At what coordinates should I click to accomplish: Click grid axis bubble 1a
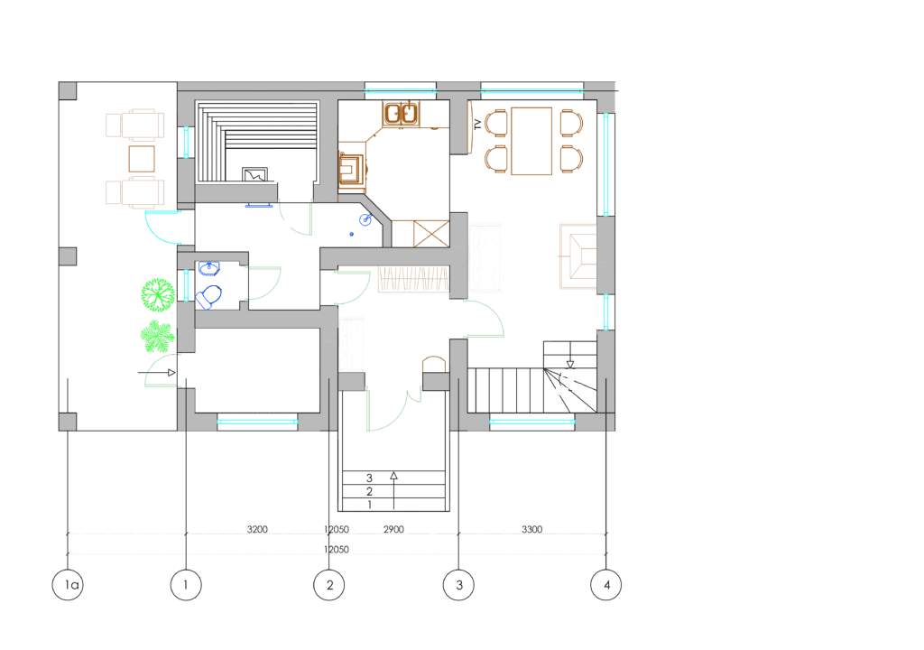[x=68, y=584]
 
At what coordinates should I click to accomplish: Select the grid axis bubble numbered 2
[x=328, y=584]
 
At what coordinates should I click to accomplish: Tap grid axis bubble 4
[x=605, y=584]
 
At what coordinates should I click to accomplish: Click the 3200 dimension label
[x=257, y=529]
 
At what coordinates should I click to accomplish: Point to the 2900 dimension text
[x=393, y=529]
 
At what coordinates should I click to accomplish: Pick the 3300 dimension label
[x=531, y=529]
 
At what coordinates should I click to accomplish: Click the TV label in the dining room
[x=477, y=125]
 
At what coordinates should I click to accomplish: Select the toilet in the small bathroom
[x=208, y=297]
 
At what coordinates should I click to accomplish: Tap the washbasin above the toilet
[x=208, y=268]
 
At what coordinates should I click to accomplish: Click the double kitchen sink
[x=401, y=113]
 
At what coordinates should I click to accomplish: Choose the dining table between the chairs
[x=531, y=141]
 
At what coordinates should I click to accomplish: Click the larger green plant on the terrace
[x=158, y=295]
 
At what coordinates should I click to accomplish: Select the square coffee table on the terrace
[x=142, y=159]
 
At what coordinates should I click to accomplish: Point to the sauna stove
[x=255, y=174]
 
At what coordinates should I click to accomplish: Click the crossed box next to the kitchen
[x=431, y=234]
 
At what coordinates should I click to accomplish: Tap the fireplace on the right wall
[x=578, y=256]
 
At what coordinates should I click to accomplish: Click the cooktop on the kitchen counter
[x=351, y=170]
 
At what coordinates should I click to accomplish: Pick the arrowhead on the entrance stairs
[x=393, y=476]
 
